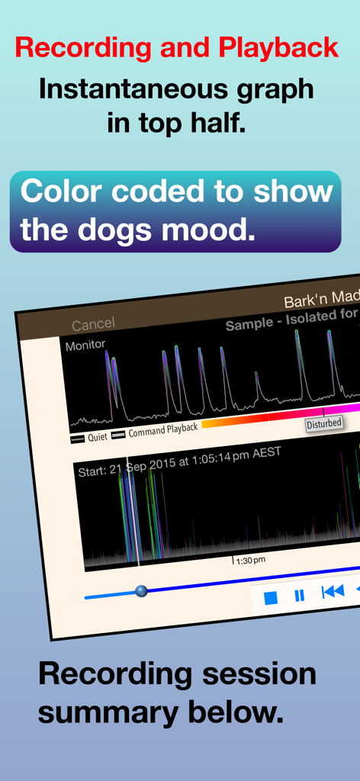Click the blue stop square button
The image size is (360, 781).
270,597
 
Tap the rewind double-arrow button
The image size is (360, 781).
333,591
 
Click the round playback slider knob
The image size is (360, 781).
141,590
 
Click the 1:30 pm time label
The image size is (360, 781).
250,561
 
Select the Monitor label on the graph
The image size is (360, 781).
85,346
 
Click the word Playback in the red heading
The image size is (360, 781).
278,48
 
